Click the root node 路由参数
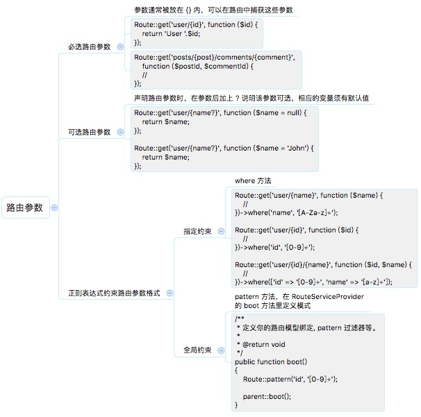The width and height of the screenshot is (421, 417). [25, 207]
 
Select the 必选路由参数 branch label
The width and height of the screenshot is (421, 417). [89, 46]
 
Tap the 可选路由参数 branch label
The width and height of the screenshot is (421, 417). [89, 132]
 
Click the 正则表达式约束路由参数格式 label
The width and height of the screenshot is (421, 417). [114, 293]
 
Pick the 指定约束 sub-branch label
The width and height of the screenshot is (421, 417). [197, 231]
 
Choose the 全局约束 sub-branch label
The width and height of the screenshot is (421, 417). [197, 350]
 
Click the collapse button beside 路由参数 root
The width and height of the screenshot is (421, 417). [55, 207]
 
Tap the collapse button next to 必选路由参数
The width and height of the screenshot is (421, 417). [120, 46]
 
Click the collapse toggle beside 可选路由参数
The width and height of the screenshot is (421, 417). [120, 132]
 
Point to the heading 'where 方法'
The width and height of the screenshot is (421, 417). [253, 181]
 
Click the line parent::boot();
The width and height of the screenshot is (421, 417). [267, 396]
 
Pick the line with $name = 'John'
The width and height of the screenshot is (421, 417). [224, 148]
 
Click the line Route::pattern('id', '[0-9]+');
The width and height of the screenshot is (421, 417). [290, 380]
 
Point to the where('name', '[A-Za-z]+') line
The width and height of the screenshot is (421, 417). [278, 212]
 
